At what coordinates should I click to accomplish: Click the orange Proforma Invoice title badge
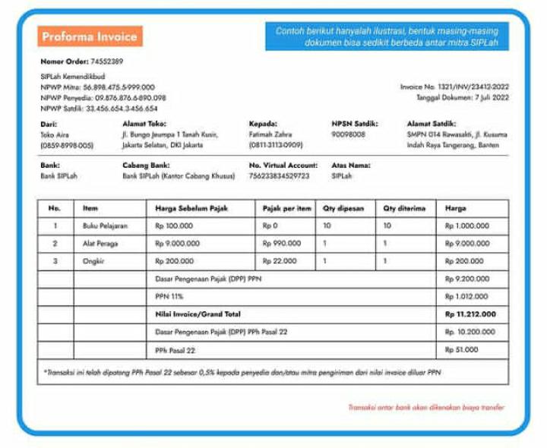tap(89, 36)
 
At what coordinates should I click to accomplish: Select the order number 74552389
tap(106, 61)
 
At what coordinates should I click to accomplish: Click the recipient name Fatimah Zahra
tap(270, 134)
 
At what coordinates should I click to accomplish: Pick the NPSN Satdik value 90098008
tap(349, 134)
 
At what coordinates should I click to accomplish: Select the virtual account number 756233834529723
tap(279, 176)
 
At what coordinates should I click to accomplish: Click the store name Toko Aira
tap(54, 134)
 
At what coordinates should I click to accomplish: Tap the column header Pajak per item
tap(286, 208)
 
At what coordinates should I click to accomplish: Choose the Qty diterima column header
tap(404, 208)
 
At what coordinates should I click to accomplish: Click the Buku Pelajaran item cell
tap(105, 226)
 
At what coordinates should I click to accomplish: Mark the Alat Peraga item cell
tap(100, 244)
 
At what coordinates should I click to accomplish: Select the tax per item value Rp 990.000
tap(282, 244)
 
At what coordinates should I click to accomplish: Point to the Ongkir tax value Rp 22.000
tap(280, 261)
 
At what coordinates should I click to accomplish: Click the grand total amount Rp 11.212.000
tap(470, 314)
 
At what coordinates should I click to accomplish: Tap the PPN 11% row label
tap(165, 296)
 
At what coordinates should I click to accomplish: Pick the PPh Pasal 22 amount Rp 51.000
tap(462, 350)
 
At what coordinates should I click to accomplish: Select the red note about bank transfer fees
tap(425, 408)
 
